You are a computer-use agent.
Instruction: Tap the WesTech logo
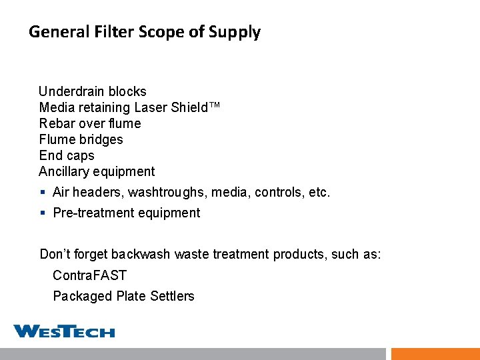click(x=64, y=331)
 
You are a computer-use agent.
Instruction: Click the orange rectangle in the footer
click(x=435, y=354)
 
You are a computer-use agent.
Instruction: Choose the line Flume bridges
click(x=81, y=139)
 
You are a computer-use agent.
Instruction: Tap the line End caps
click(x=67, y=155)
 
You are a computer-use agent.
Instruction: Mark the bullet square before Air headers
click(x=42, y=193)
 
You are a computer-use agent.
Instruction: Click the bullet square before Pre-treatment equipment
click(x=42, y=213)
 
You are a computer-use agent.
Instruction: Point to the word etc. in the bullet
click(x=319, y=192)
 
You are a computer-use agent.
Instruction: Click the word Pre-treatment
click(x=90, y=213)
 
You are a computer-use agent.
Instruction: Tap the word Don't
click(x=55, y=254)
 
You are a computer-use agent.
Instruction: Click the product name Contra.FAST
click(x=89, y=275)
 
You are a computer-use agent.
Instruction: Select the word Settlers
click(x=173, y=296)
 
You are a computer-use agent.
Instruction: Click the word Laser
click(x=152, y=107)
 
